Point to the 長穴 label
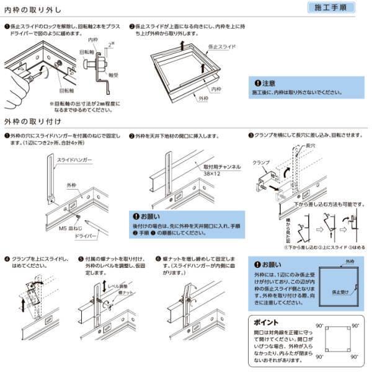pyautogui.click(x=304, y=146)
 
